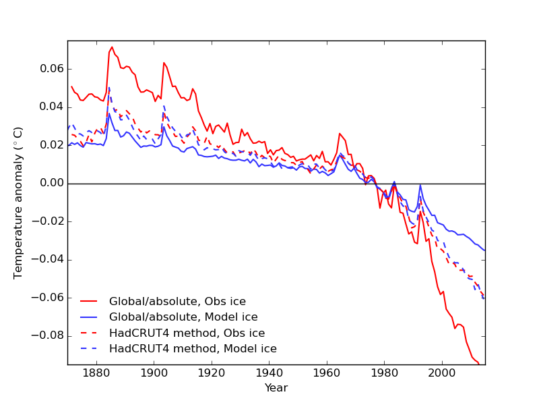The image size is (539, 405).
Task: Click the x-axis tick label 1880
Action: [96, 373]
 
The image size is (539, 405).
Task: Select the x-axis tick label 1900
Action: [154, 373]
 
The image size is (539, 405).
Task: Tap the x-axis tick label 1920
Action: [212, 373]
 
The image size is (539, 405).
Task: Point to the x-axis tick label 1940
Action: [269, 373]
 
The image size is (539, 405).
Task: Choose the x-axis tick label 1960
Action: [327, 373]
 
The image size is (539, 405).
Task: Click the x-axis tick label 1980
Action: [385, 373]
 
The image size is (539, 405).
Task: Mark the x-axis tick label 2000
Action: [442, 373]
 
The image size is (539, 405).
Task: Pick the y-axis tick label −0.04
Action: [48, 260]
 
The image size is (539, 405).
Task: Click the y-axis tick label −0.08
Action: [48, 336]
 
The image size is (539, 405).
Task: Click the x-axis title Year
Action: [276, 388]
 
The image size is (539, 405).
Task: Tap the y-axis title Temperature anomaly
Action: [19, 202]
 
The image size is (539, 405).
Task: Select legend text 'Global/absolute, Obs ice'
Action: [177, 302]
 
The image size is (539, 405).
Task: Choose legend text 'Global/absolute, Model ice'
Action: [183, 317]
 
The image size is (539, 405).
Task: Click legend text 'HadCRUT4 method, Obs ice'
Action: [187, 333]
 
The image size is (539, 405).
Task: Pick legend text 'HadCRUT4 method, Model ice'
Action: [193, 349]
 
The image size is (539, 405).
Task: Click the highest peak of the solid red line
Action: [112, 47]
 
